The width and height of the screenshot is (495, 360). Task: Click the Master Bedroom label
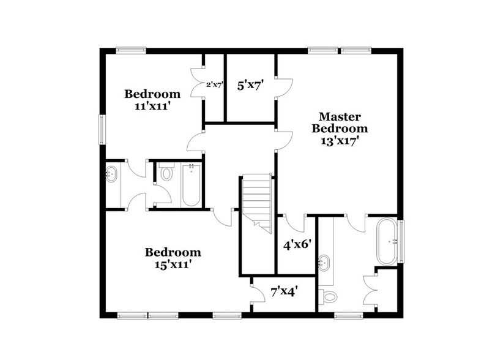click(x=340, y=122)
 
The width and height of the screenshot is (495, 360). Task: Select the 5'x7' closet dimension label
click(x=250, y=86)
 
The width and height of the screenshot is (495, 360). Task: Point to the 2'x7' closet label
click(x=214, y=86)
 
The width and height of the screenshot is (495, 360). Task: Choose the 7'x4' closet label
click(x=283, y=293)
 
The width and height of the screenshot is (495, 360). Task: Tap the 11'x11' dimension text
click(x=152, y=106)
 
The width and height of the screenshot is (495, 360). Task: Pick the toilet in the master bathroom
click(x=330, y=298)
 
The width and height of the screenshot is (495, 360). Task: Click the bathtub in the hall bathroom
click(x=191, y=184)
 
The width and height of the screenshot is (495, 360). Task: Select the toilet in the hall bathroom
click(x=166, y=174)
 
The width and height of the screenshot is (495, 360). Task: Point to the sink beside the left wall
click(x=113, y=174)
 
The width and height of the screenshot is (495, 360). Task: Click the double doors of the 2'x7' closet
click(x=198, y=86)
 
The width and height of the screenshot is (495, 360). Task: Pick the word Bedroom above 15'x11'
click(x=173, y=252)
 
